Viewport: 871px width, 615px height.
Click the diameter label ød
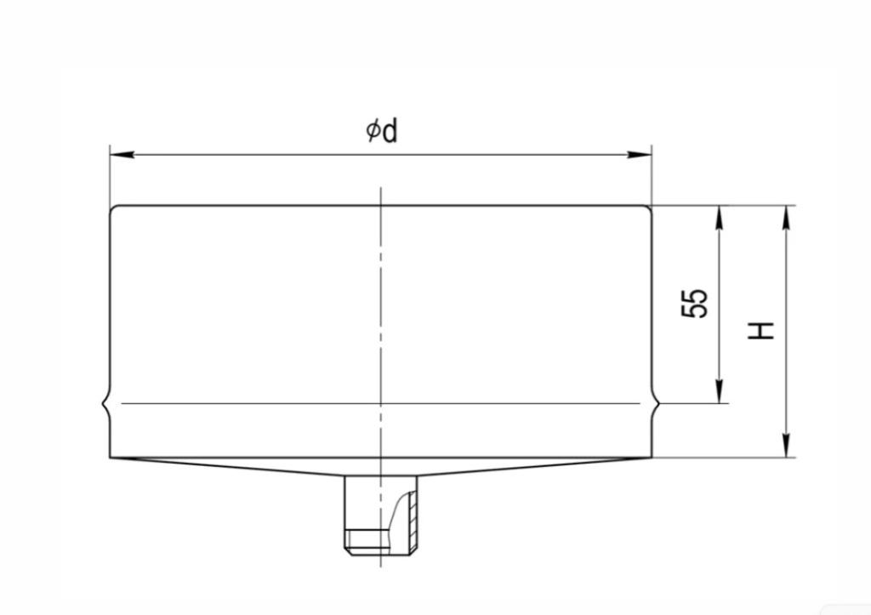point(382,131)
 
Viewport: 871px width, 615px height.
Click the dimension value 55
point(695,303)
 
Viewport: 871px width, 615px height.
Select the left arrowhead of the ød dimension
point(122,154)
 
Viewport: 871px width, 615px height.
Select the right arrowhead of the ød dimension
point(640,154)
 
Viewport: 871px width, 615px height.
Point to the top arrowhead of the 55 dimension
point(720,217)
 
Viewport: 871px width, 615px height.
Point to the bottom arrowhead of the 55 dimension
point(720,391)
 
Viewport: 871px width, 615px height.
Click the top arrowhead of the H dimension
point(786,217)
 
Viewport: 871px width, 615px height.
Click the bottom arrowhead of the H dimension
point(786,446)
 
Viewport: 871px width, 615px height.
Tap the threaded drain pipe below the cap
point(380,514)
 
